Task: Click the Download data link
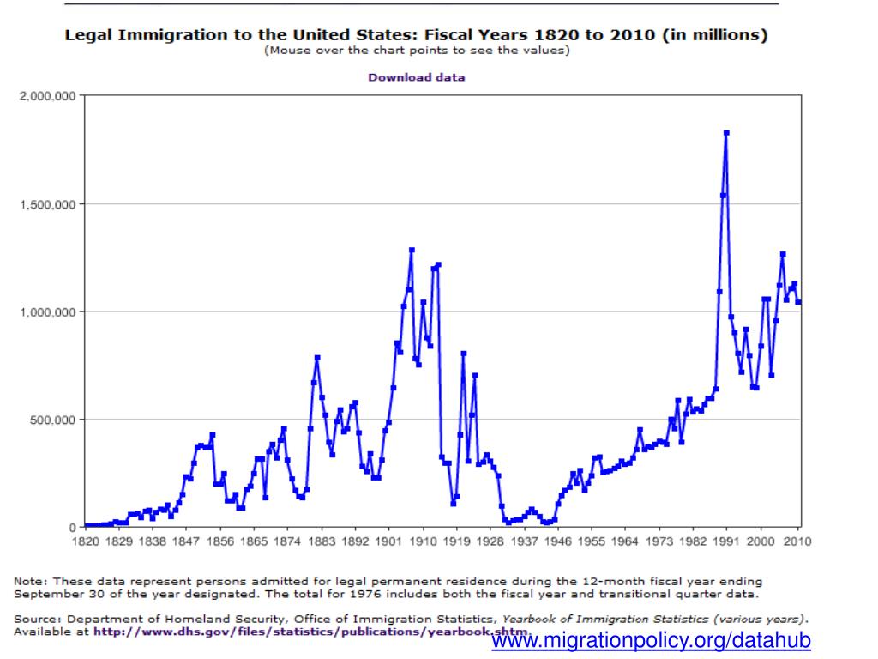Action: click(x=416, y=77)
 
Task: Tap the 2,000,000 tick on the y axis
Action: click(x=48, y=96)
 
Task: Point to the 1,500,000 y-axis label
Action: click(x=48, y=204)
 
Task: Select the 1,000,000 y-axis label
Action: click(x=48, y=312)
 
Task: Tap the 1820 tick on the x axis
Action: click(x=86, y=541)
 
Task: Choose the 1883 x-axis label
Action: click(x=322, y=541)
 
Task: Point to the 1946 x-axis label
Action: click(x=557, y=541)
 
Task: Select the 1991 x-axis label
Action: click(x=726, y=541)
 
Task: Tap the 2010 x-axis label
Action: click(x=797, y=541)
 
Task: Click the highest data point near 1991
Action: click(x=726, y=133)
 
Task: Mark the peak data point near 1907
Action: click(x=412, y=250)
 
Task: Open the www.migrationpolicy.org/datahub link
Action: click(x=651, y=641)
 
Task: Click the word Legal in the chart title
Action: click(x=88, y=36)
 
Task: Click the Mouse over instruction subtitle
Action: click(x=416, y=50)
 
